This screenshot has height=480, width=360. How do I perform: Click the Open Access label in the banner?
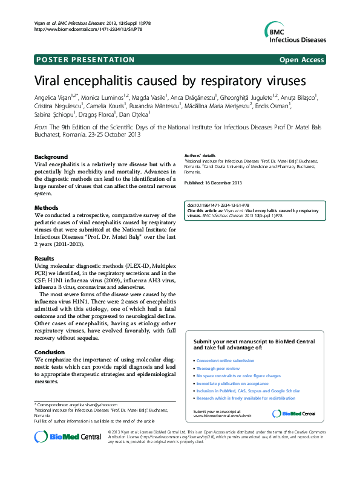click(x=303, y=60)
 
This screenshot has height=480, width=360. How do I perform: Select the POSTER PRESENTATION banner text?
click(x=85, y=60)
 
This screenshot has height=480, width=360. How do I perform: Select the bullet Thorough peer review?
click(x=218, y=368)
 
